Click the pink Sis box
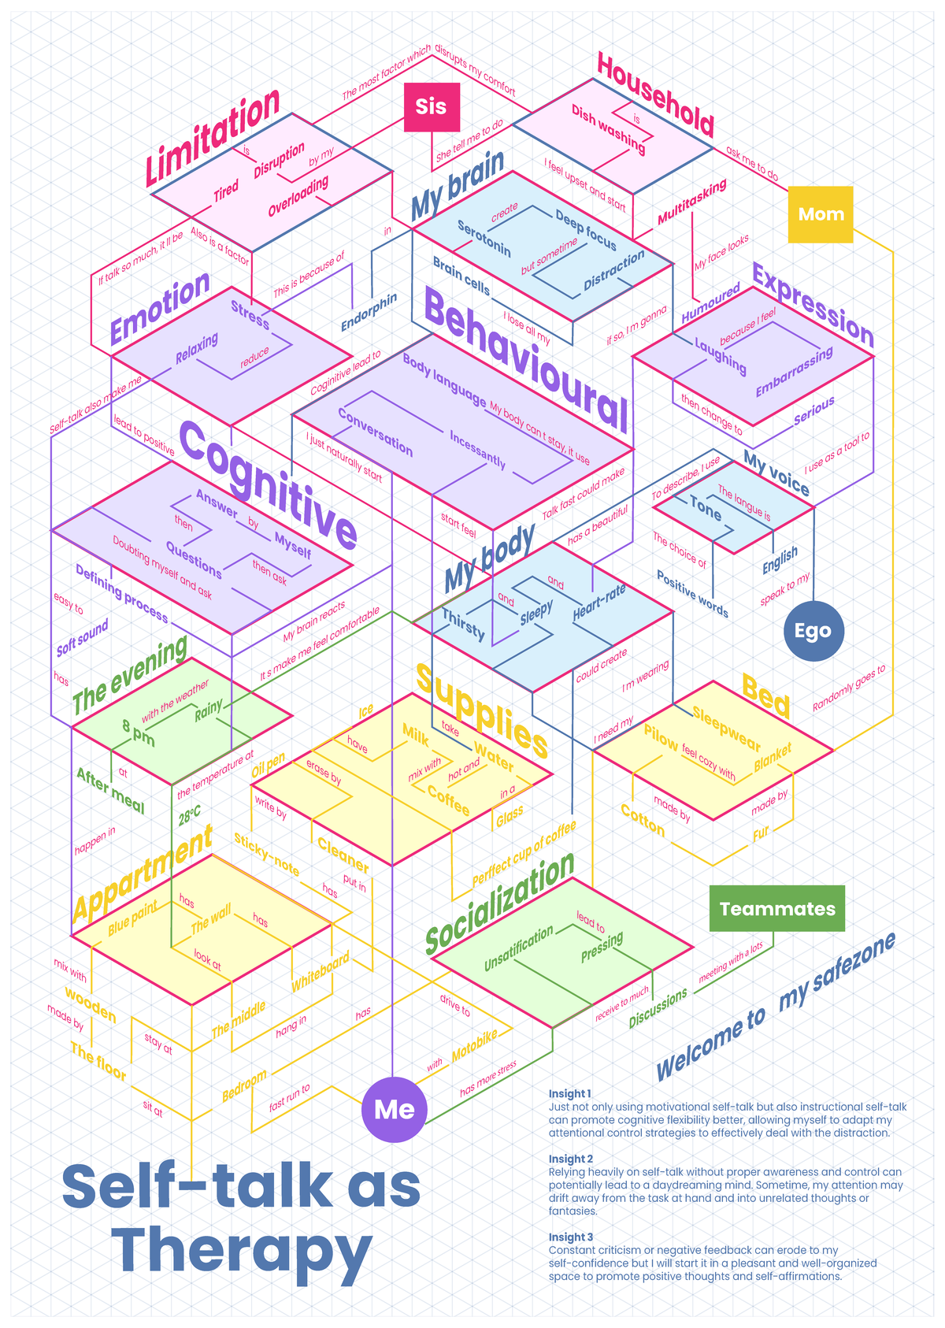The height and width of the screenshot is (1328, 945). coord(432,107)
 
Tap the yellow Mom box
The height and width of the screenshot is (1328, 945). coord(821,214)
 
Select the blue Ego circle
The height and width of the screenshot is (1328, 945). coord(813,631)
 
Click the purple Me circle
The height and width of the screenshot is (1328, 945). coord(395,1110)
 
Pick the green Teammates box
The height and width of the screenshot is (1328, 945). coord(777,909)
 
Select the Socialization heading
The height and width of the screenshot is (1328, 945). coord(500,903)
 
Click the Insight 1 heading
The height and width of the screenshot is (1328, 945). coord(569,1094)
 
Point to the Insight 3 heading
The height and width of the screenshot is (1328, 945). coord(570,1237)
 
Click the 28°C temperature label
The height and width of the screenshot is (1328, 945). coord(190,816)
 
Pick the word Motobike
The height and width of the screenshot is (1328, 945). coord(474,1047)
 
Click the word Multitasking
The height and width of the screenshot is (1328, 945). coord(692,202)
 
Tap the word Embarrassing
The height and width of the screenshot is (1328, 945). coord(795,372)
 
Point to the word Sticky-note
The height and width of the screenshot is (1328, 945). coord(267,855)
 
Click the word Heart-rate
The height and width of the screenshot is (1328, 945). coord(598,603)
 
